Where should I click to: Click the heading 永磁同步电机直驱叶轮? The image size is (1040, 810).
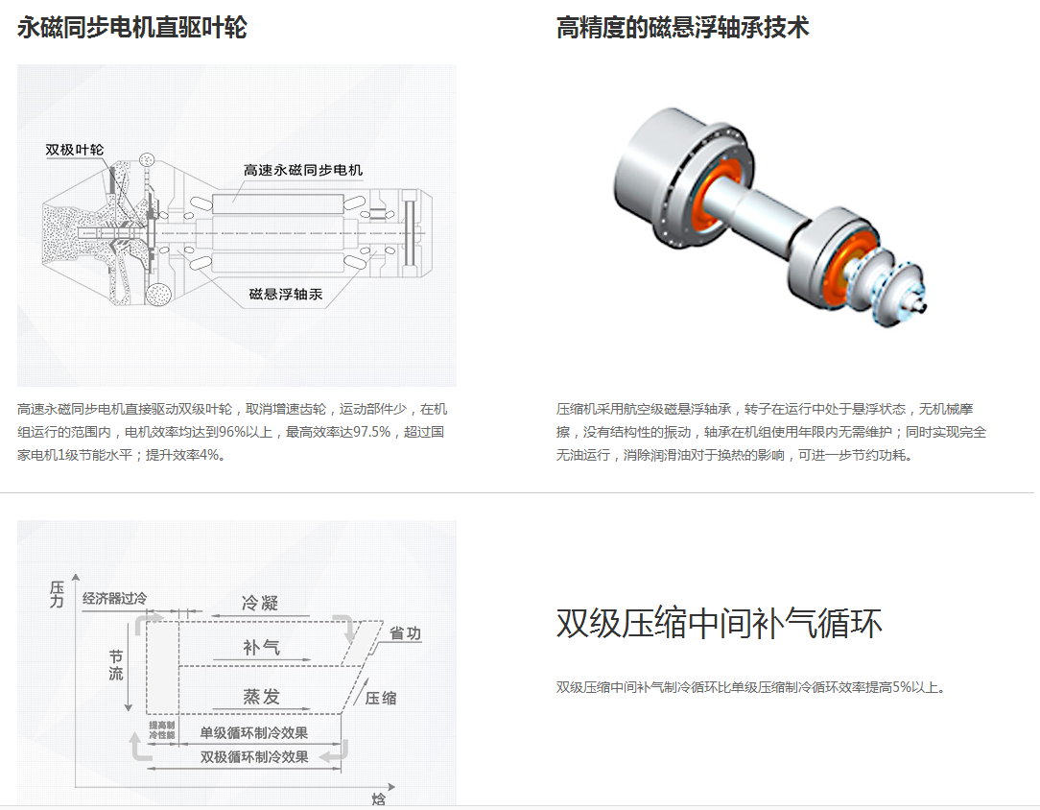coord(132,28)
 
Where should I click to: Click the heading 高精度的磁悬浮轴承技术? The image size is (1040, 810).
coord(682,28)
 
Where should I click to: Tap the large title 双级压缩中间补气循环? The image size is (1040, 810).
coord(719,624)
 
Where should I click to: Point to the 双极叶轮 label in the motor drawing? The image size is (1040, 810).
coord(74,150)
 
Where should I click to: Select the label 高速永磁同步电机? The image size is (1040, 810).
coord(303,171)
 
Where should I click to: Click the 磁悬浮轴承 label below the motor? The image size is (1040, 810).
coord(286,294)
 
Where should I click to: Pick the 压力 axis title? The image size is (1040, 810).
coord(57,594)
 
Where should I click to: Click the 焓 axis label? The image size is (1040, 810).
coord(379,798)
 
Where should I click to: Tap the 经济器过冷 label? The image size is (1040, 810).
coord(115,598)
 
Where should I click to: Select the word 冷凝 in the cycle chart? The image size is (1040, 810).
coord(260,603)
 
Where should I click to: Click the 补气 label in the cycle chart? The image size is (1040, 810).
coord(261,648)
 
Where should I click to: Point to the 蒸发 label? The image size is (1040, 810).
coord(261,697)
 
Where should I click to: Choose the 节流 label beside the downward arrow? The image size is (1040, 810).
coord(116,665)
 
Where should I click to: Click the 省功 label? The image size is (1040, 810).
coord(405,633)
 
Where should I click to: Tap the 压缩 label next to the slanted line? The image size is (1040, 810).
coord(381,698)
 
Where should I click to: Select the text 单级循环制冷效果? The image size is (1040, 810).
coord(254,733)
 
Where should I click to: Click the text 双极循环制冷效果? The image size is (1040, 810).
coord(254,757)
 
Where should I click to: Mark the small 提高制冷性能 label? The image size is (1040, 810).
coord(162,730)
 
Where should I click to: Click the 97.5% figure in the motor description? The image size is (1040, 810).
coord(371,432)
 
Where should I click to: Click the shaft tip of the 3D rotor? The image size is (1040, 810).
coord(923,308)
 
